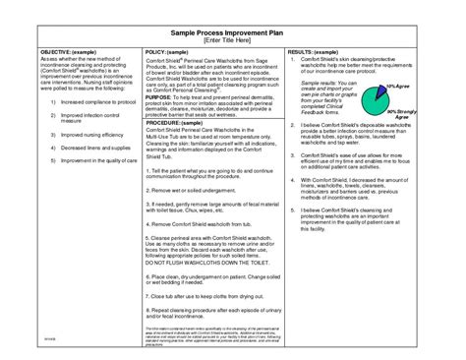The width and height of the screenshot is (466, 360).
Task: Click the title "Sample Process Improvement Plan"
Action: (232, 31)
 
